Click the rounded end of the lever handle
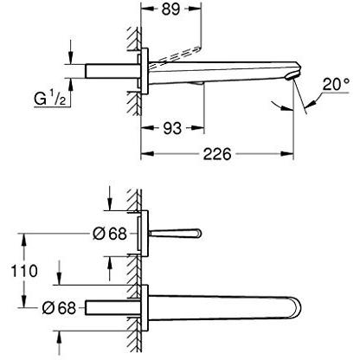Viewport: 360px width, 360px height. point(198,233)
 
